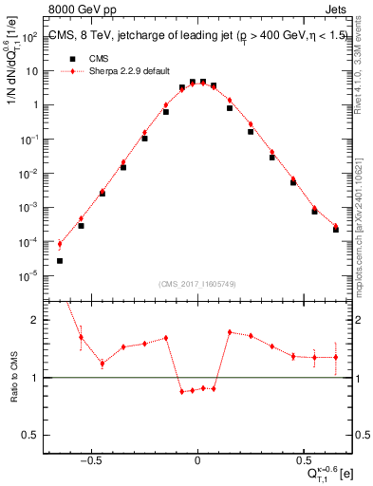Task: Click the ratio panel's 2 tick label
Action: (x=37, y=321)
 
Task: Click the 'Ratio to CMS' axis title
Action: (x=14, y=377)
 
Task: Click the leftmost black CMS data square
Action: (x=60, y=260)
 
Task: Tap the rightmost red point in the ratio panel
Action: (x=336, y=357)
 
